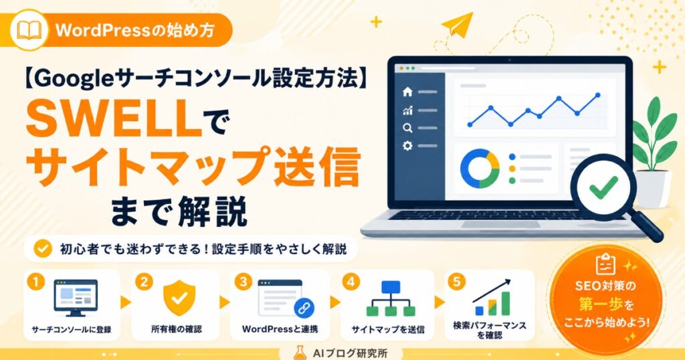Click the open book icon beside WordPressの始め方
29,30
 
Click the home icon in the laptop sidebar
407,91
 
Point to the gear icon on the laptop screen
407,146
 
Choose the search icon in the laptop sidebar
407,128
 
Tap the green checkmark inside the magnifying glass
604,187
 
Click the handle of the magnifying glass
648,226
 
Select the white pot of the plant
654,188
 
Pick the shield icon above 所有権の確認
179,298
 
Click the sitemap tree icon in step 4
391,298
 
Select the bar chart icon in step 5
492,298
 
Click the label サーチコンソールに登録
72,330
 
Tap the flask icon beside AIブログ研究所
300,353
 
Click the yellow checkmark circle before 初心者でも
43,249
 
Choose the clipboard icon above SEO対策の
605,264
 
